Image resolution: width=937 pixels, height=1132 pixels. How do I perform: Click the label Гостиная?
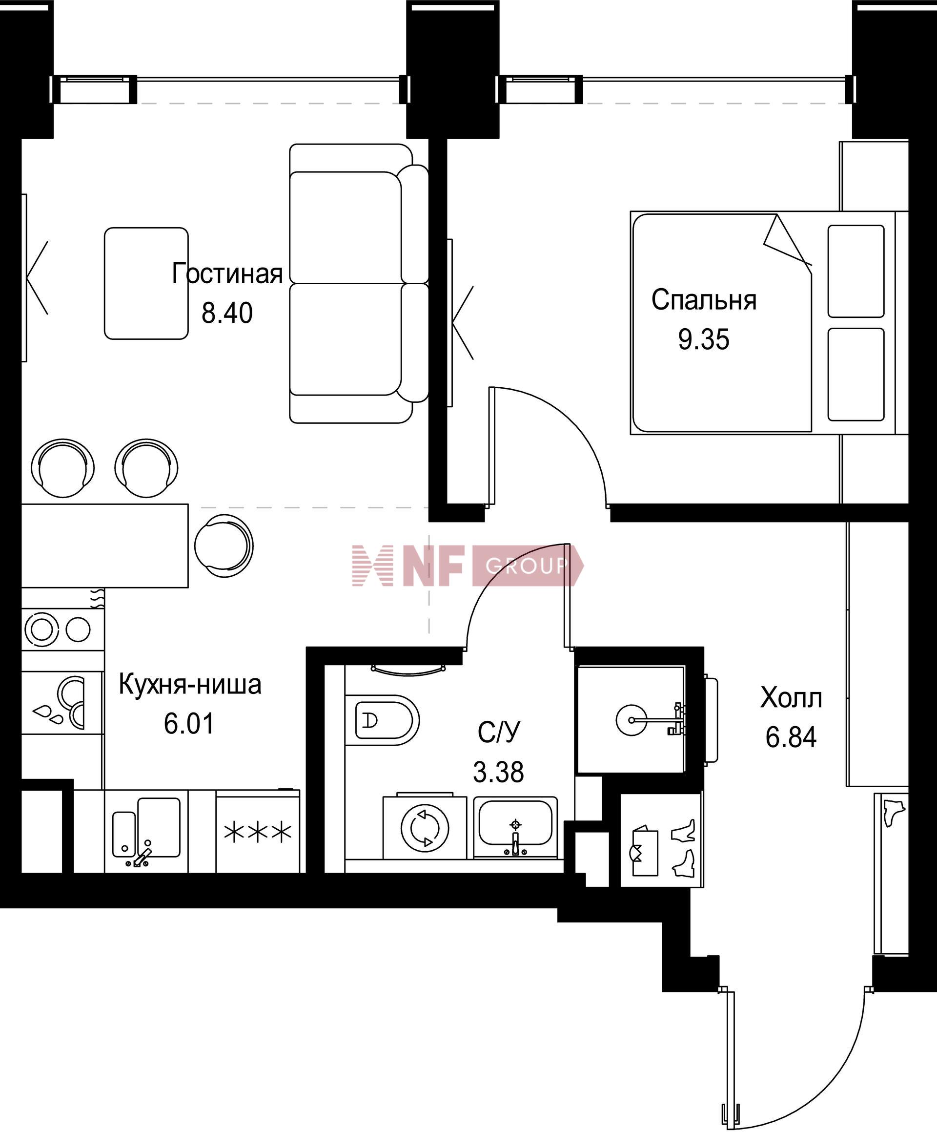click(x=227, y=274)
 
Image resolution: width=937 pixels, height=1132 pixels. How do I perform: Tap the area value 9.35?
click(x=704, y=339)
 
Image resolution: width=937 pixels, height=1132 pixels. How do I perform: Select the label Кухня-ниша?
click(x=190, y=685)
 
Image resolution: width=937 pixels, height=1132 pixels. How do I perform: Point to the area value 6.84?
click(x=791, y=737)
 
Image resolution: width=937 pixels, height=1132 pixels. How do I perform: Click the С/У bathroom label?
click(x=499, y=732)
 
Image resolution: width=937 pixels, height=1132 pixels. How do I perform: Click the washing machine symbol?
click(x=425, y=827)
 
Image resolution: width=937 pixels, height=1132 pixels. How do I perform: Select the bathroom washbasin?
click(x=516, y=827)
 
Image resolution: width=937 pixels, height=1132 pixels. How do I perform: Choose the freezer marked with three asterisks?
click(x=258, y=831)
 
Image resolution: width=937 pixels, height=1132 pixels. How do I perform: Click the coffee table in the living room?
click(x=146, y=284)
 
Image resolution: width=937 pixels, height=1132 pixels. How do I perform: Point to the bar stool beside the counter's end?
click(x=223, y=545)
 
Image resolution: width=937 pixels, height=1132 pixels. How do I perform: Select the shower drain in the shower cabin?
click(x=631, y=720)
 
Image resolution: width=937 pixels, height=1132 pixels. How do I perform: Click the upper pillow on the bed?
click(x=856, y=271)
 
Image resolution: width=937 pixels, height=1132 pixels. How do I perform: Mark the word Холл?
click(x=791, y=699)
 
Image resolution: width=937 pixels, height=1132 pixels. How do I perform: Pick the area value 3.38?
click(x=498, y=772)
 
